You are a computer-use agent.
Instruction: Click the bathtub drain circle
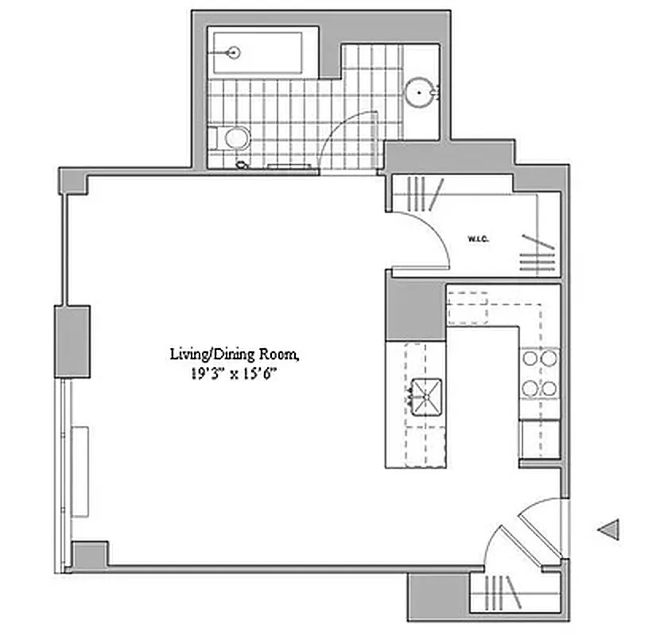point(233,53)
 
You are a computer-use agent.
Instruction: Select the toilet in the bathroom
point(233,138)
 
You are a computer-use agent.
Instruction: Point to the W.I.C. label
point(478,238)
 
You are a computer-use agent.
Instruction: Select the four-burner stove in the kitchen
point(539,373)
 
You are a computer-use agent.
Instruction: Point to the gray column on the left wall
point(72,341)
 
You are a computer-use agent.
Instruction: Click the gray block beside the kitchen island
point(415,310)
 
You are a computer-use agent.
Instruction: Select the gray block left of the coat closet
point(437,597)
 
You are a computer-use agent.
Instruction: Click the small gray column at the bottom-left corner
point(89,554)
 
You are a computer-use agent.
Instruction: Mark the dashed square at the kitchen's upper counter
point(467,308)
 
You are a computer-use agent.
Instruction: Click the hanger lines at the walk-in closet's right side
point(536,252)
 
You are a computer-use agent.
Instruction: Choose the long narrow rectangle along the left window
point(80,471)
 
